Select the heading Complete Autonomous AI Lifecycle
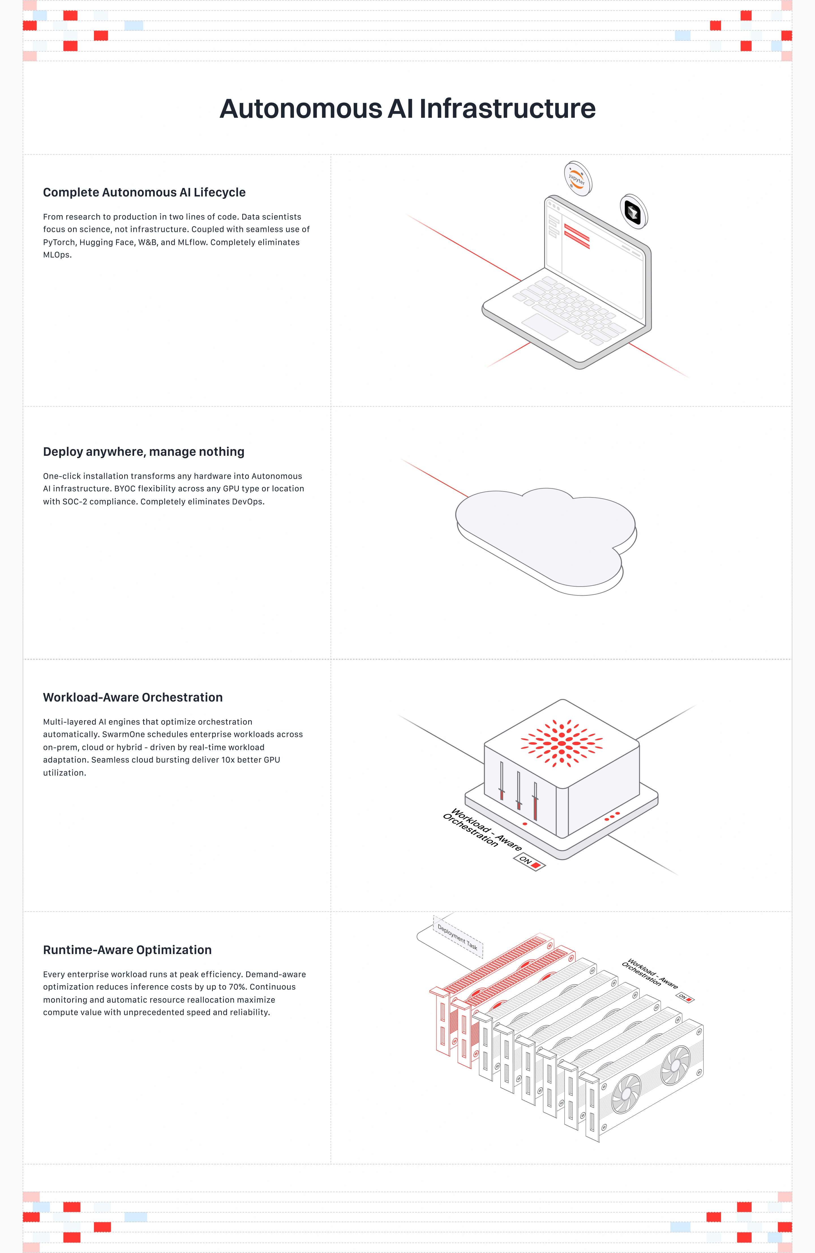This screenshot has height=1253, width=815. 144,193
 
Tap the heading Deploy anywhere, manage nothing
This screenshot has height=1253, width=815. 144,452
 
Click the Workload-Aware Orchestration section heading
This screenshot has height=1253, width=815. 133,698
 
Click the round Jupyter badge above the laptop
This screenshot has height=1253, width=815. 577,178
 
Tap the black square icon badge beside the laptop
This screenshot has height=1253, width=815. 634,212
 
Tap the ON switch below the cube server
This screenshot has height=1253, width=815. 529,862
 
